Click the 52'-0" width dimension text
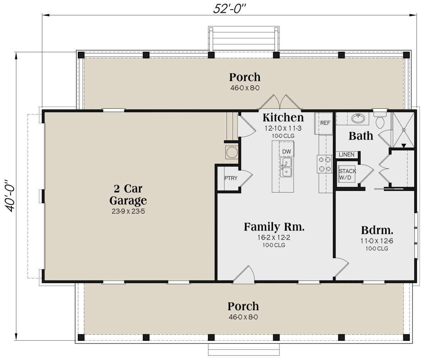pyautogui.click(x=229, y=9)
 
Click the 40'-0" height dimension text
pyautogui.click(x=9, y=196)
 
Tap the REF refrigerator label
pyautogui.click(x=325, y=123)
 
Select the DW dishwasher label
pyautogui.click(x=286, y=152)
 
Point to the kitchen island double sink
pyautogui.click(x=286, y=167)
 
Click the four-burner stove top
pyautogui.click(x=324, y=164)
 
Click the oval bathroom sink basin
pyautogui.click(x=358, y=118)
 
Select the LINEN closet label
pyautogui.click(x=346, y=155)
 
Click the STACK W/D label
pyautogui.click(x=347, y=174)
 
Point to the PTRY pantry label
pyautogui.click(x=231, y=178)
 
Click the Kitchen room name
pyautogui.click(x=283, y=118)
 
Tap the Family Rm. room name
pyautogui.click(x=274, y=227)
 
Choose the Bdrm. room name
pyautogui.click(x=377, y=230)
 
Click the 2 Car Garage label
pyautogui.click(x=128, y=194)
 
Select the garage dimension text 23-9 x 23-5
pyautogui.click(x=128, y=211)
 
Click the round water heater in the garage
pyautogui.click(x=232, y=152)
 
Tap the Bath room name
pyautogui.click(x=361, y=136)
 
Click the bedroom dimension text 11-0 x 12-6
pyautogui.click(x=377, y=241)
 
